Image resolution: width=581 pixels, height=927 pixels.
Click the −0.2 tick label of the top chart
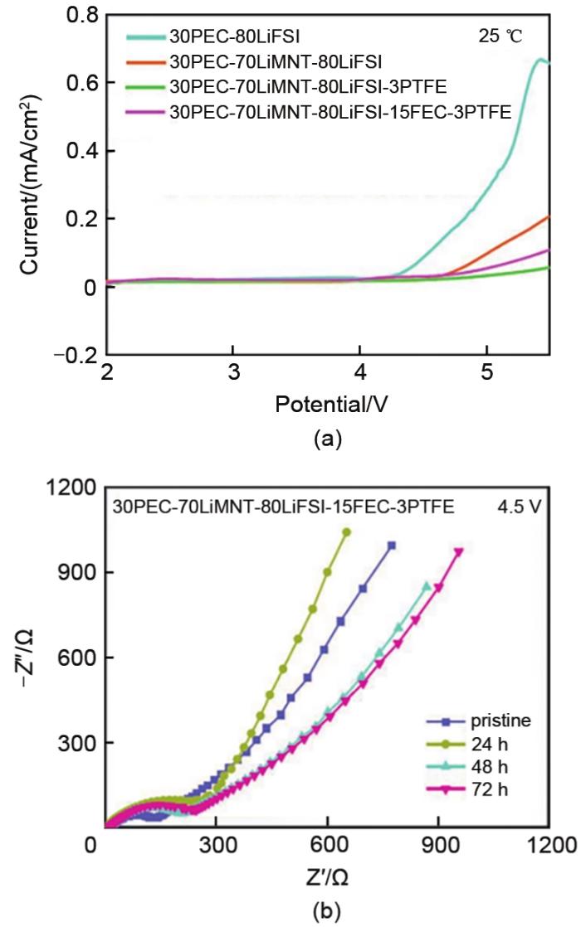coord(76,354)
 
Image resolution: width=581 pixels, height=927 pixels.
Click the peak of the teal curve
coord(540,60)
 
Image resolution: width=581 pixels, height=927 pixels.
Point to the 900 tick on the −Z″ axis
coord(76,572)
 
